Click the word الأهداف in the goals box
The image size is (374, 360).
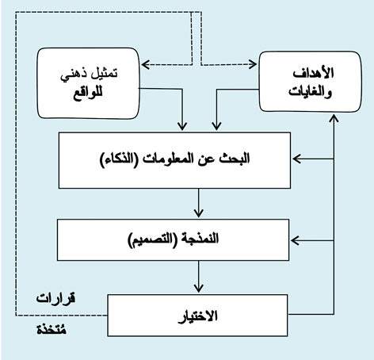(x=313, y=73)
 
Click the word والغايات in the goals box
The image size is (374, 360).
(x=310, y=92)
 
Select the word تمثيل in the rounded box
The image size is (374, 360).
(x=104, y=73)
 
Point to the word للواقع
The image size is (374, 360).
(x=87, y=93)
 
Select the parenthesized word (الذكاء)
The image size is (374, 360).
(x=119, y=159)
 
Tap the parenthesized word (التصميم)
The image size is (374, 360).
(x=150, y=239)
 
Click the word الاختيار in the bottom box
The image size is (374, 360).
(x=198, y=316)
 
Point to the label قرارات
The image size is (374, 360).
(x=55, y=299)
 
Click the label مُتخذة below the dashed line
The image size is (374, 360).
(x=52, y=330)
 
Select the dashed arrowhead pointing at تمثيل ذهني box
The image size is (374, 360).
(x=146, y=64)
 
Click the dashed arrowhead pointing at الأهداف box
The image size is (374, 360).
(x=253, y=64)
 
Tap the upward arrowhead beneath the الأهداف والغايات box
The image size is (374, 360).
(x=334, y=118)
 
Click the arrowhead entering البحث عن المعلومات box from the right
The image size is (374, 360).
(x=296, y=159)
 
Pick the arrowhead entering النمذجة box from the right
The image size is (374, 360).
(x=295, y=240)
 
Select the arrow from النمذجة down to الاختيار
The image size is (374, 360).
(x=198, y=277)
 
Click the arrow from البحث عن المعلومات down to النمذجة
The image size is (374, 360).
(x=198, y=203)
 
